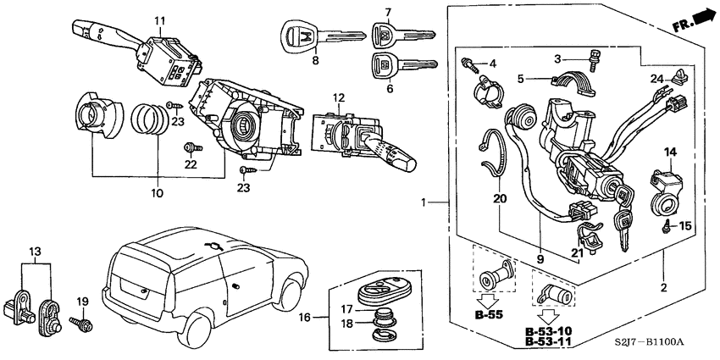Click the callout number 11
point(159,20)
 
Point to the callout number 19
point(83,302)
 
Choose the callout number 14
point(669,152)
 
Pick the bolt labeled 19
point(84,323)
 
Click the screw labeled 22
point(192,148)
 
